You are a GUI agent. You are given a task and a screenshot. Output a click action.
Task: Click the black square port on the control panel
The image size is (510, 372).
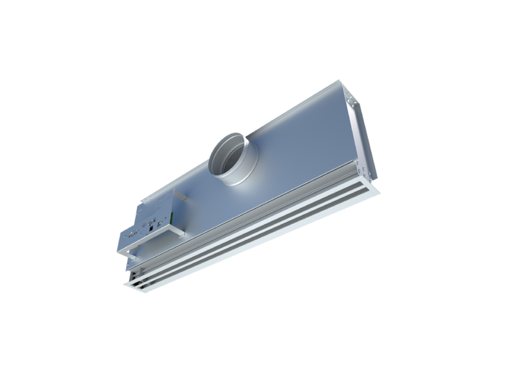[150, 226]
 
